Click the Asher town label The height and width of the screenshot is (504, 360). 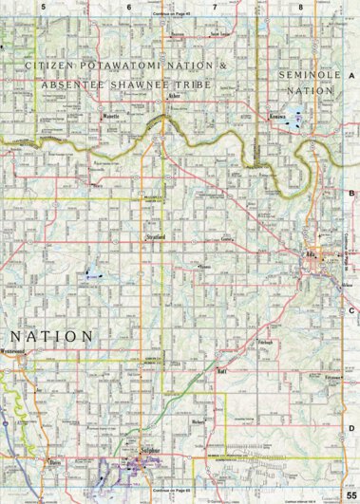click(171, 97)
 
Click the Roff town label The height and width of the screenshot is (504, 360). click(221, 371)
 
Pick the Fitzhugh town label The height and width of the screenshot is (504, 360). click(266, 340)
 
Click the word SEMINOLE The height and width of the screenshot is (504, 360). click(303, 73)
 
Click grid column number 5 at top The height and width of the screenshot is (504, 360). click(43, 7)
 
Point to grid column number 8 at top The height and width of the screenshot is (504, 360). click(301, 7)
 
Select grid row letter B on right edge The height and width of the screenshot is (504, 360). click(351, 193)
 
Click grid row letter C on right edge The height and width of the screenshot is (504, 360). click(351, 309)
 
